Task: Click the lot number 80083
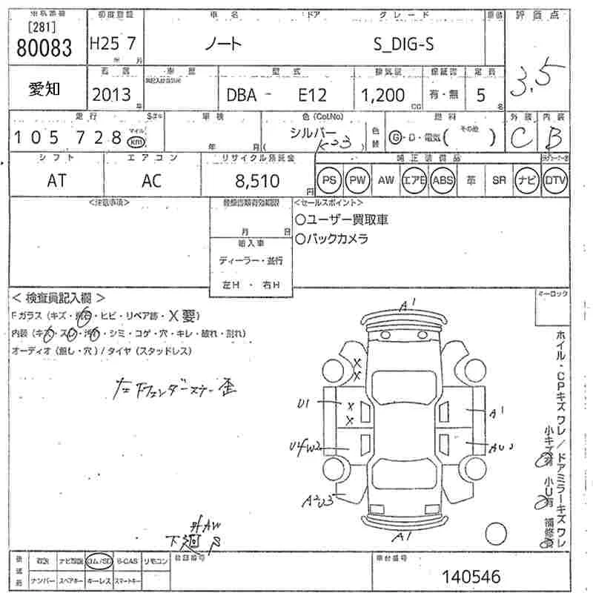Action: (44, 47)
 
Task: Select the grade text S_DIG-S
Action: (402, 44)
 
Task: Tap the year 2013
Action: (111, 94)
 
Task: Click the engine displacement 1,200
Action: (382, 95)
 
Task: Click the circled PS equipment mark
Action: (328, 180)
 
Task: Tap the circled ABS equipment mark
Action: (443, 180)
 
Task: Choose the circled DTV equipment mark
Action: (554, 180)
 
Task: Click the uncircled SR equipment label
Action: (498, 180)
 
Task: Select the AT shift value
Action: (56, 181)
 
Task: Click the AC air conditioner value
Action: (152, 181)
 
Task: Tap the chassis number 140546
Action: (471, 575)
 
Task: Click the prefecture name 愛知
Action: (44, 89)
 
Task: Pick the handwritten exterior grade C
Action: (522, 138)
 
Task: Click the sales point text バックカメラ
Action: (337, 239)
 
